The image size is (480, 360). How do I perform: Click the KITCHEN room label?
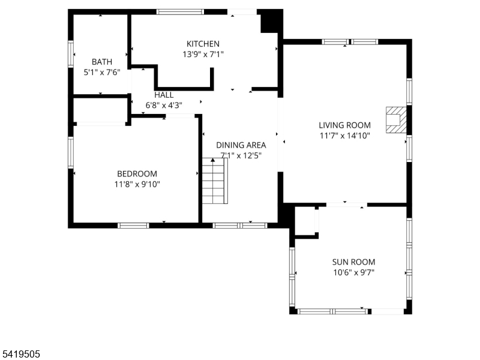(203, 44)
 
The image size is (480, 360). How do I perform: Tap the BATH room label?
(101, 62)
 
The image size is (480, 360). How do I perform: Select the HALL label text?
(164, 95)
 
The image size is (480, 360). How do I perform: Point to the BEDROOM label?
(137, 173)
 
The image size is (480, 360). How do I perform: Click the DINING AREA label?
(241, 145)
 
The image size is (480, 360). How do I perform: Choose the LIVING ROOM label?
(344, 125)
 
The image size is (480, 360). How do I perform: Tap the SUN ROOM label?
(353, 262)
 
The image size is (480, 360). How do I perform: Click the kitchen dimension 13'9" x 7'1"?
(203, 54)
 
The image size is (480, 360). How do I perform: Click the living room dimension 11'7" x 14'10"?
(344, 136)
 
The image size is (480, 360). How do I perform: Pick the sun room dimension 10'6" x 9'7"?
(353, 272)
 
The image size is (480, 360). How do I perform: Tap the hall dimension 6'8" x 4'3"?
(164, 105)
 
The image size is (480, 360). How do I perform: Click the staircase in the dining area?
(214, 181)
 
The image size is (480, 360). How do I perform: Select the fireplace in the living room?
(396, 119)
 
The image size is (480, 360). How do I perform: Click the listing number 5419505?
(20, 354)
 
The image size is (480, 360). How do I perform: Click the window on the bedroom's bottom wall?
(133, 226)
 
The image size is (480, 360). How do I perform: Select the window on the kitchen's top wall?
(180, 11)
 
